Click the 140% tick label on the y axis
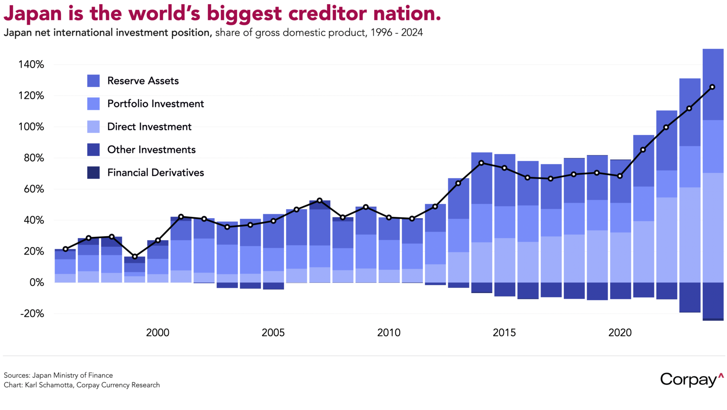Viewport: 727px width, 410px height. [x=31, y=64]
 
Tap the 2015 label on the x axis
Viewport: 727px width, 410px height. [x=504, y=333]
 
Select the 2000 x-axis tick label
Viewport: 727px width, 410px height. [x=158, y=333]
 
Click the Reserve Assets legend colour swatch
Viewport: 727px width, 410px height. [x=94, y=81]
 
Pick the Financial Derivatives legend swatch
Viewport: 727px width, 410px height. [x=94, y=173]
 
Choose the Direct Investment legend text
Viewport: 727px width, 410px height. [x=149, y=127]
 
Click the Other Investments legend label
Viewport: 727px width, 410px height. [x=151, y=150]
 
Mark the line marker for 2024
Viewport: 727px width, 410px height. [x=712, y=87]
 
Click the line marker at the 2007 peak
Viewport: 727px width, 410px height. [x=320, y=200]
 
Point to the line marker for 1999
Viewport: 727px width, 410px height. [x=135, y=257]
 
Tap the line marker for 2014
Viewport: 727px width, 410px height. [x=482, y=163]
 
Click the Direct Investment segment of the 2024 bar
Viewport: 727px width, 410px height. [x=713, y=228]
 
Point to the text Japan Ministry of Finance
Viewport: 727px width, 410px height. [x=73, y=375]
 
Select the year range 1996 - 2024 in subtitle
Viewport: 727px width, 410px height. [x=397, y=32]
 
